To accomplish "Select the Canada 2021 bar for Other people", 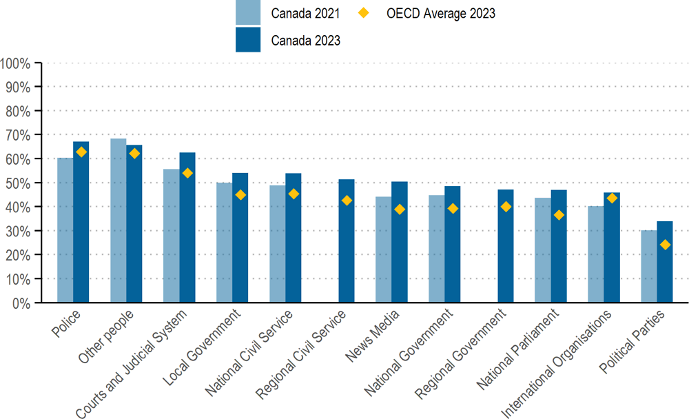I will click(x=119, y=221).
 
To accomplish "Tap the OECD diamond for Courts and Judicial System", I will click(x=187, y=173).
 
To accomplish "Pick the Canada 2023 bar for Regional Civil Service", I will click(x=347, y=241).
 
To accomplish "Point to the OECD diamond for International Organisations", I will click(x=612, y=198).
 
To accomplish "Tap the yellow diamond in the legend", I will click(x=363, y=13).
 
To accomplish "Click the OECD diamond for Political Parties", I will click(x=665, y=245).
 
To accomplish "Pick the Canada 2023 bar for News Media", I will click(x=400, y=242).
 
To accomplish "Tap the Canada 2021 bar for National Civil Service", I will click(x=277, y=244).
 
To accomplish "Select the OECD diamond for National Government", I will click(x=453, y=208).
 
